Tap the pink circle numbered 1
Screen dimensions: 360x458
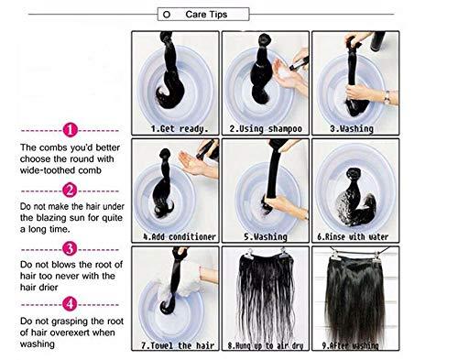point(71,130)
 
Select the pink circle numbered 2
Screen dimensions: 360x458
point(71,191)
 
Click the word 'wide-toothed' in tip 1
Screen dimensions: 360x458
point(52,169)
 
